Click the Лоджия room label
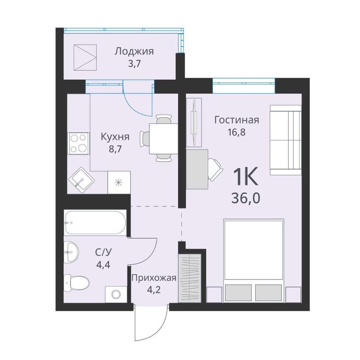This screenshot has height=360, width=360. [x=134, y=51]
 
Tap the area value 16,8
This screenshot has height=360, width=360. [x=237, y=132]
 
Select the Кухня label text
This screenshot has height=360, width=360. [x=115, y=137]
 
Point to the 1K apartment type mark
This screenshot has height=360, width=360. [x=246, y=176]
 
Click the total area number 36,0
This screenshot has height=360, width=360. [x=246, y=198]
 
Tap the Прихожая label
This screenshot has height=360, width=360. [x=154, y=278]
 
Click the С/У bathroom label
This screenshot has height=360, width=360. [x=103, y=252]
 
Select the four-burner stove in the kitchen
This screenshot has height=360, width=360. [x=78, y=144]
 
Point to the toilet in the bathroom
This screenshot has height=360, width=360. [x=76, y=283]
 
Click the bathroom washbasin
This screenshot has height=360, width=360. [x=71, y=252]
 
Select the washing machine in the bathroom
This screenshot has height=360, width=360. [x=116, y=294]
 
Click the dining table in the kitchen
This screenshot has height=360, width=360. [x=164, y=139]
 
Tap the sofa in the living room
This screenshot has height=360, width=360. [x=285, y=140]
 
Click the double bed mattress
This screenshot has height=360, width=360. [x=254, y=249]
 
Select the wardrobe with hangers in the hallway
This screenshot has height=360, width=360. [x=190, y=278]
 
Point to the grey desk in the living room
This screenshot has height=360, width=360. [x=197, y=170]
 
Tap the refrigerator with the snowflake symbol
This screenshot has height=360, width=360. [x=119, y=182]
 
